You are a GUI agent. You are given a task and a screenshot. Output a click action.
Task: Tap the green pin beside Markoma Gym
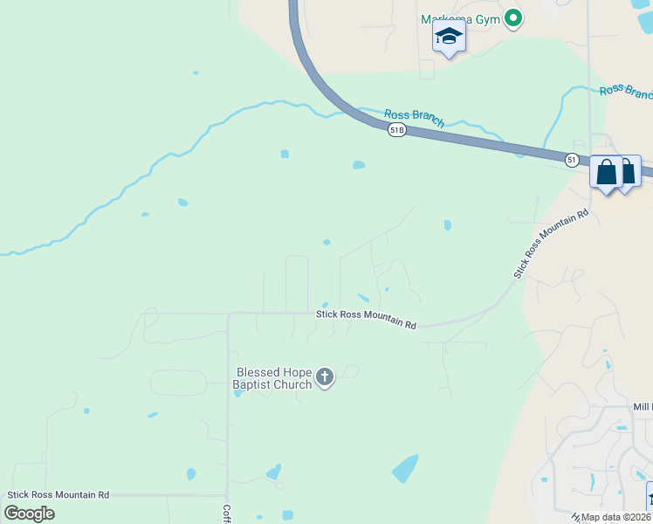[x=514, y=17]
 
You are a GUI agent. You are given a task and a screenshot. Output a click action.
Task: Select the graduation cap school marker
[x=449, y=37]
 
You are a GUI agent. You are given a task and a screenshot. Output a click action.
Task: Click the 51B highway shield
[x=397, y=129]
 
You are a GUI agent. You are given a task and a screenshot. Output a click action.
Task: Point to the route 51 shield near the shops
[x=571, y=160]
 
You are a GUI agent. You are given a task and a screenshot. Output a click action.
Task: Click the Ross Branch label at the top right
[x=625, y=92]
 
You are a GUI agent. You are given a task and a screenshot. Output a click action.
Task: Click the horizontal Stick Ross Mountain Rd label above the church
[x=366, y=319]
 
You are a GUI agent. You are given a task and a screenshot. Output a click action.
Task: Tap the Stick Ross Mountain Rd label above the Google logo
[x=58, y=494]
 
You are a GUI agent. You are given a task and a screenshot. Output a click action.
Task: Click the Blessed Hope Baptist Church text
[x=273, y=378]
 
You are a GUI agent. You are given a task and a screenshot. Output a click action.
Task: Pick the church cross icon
[x=325, y=377]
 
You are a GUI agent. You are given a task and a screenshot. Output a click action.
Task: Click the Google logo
[x=29, y=514]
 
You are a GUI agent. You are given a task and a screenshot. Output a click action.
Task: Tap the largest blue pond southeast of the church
[x=405, y=469]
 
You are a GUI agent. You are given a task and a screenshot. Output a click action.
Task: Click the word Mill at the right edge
[x=643, y=407]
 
